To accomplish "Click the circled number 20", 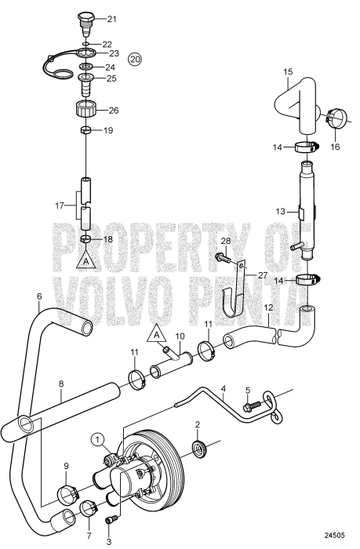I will point(135,60).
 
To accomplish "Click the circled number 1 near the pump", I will point(97,438).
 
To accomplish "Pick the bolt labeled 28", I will point(221,257).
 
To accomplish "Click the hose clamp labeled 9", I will point(66,495).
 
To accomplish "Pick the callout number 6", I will point(38,296).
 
